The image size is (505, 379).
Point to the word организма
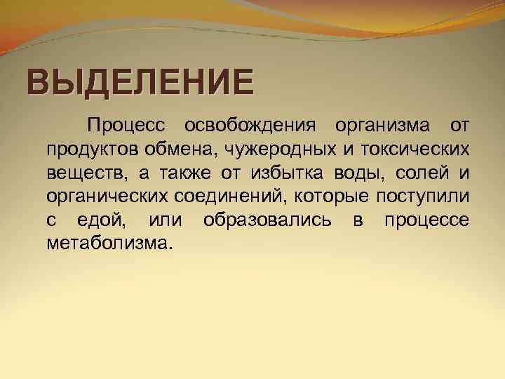(x=374, y=126)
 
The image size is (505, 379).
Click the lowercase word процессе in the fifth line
(x=426, y=220)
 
